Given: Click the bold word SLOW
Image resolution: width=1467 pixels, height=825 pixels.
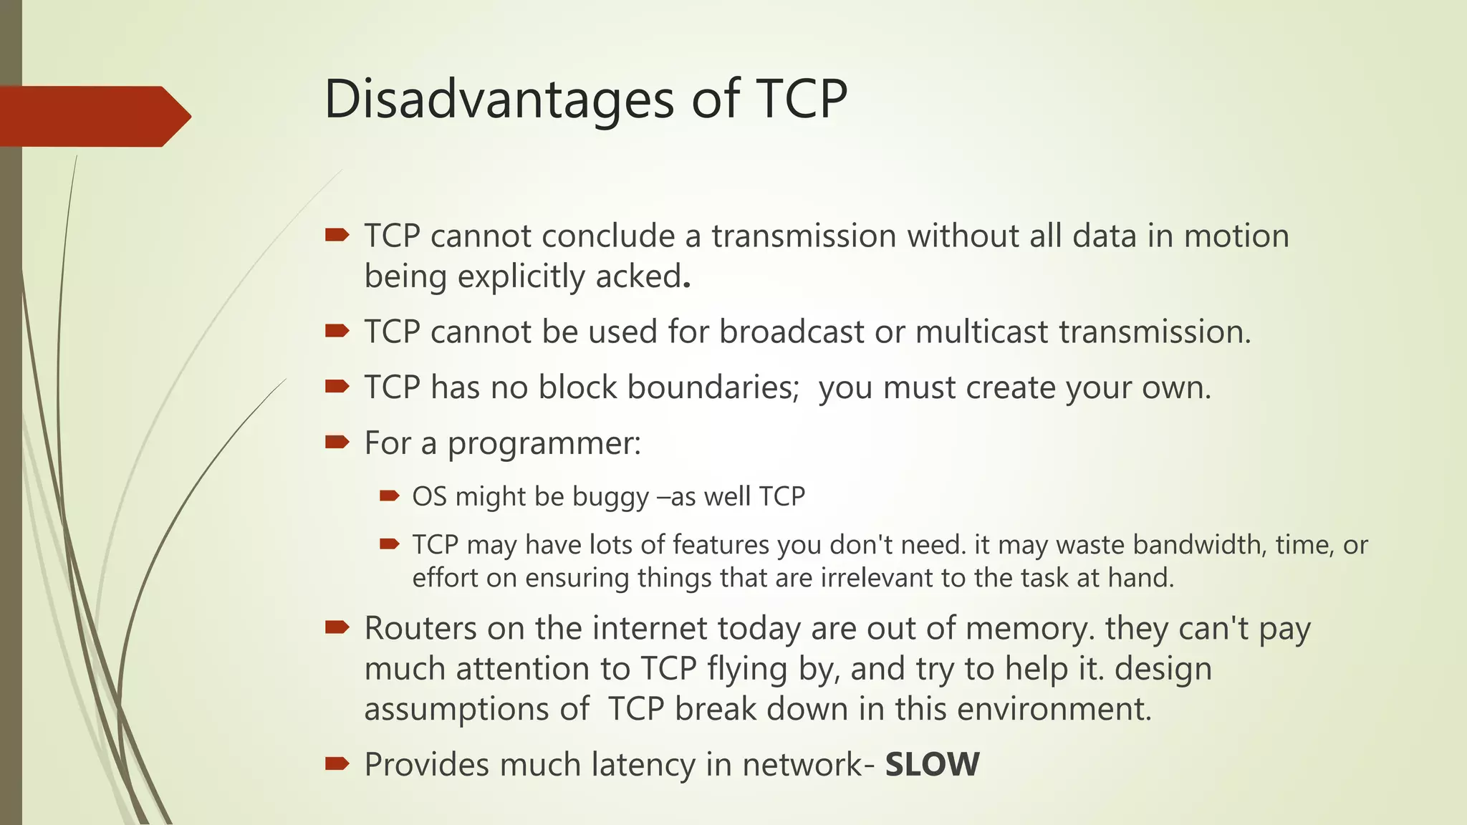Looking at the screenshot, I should [932, 764].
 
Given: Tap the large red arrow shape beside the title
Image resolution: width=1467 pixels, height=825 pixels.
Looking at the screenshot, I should [93, 116].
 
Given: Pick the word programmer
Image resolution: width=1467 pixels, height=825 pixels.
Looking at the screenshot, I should [544, 443].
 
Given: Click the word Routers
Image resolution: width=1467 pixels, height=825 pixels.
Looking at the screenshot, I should [420, 628].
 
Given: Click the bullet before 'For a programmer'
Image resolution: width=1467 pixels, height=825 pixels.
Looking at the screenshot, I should [337, 442].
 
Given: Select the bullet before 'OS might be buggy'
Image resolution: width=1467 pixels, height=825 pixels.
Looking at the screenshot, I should [389, 496].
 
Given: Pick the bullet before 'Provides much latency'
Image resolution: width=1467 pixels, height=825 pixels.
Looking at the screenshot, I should [337, 763].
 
